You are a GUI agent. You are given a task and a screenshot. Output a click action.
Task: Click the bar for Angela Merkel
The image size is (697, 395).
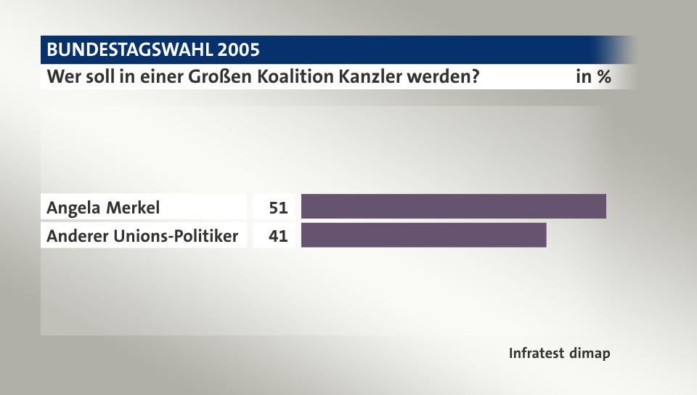(453, 207)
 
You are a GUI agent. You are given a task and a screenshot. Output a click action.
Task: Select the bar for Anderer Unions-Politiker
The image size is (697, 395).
(423, 236)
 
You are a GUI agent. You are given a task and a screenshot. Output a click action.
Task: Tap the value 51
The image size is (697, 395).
(278, 208)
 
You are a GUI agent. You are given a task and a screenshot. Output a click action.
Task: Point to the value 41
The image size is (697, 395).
(278, 236)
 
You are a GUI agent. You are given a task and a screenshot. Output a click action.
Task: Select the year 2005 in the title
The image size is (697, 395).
(237, 50)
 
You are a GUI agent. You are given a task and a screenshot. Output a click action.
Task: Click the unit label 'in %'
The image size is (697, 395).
(592, 76)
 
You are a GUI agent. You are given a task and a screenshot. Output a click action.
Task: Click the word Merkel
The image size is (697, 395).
(132, 208)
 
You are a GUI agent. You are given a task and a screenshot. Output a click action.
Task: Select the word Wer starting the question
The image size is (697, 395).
(62, 76)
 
